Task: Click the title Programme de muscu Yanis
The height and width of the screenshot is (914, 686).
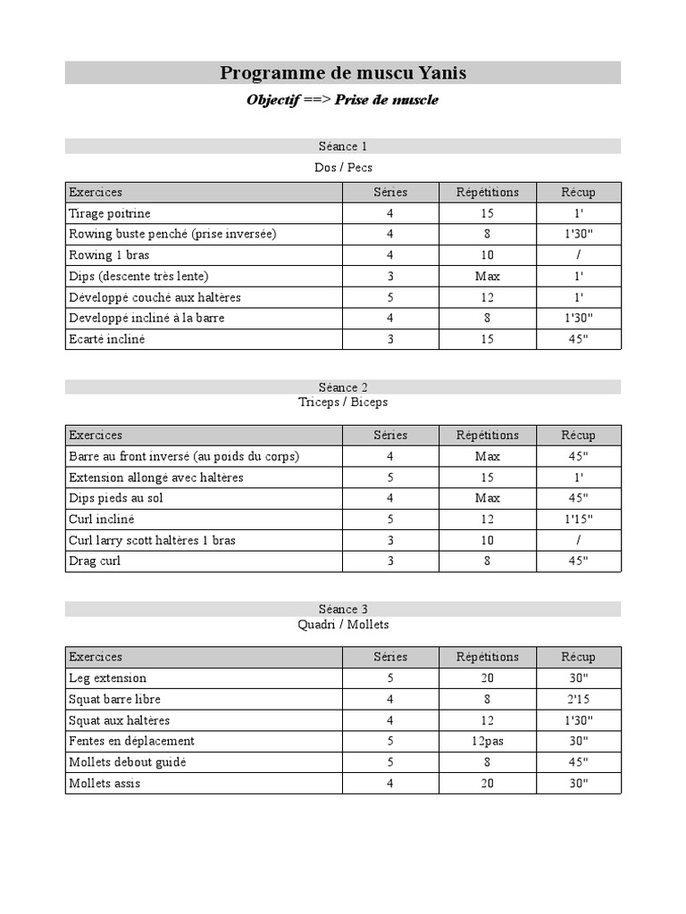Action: tap(343, 73)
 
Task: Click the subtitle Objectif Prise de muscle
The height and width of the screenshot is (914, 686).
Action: tap(343, 100)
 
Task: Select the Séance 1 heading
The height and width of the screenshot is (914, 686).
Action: tap(343, 146)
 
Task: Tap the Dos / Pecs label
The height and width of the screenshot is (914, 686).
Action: tap(343, 167)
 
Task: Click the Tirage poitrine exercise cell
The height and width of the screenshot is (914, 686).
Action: tap(110, 213)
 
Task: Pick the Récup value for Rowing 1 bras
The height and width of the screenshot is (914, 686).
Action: tap(578, 255)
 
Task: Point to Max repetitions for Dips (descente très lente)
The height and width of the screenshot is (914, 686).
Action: tap(487, 276)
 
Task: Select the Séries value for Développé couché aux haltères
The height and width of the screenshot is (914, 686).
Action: tap(390, 297)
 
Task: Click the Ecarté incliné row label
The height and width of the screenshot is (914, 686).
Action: tap(106, 339)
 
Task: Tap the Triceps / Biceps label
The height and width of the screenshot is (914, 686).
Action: tap(343, 403)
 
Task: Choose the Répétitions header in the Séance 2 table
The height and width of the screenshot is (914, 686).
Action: tap(487, 436)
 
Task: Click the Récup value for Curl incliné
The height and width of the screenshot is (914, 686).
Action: tap(578, 519)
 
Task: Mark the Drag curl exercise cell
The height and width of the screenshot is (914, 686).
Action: tap(95, 561)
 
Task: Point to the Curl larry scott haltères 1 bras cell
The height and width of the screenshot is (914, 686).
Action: tap(152, 540)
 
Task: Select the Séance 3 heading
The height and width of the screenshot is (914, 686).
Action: tap(343, 609)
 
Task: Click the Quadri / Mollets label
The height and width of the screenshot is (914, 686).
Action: tap(343, 625)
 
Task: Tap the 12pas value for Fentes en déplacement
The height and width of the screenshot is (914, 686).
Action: tap(487, 741)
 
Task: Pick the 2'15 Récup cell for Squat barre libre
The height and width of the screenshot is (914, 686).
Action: tap(578, 699)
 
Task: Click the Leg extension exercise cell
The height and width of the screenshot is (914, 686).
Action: tap(107, 678)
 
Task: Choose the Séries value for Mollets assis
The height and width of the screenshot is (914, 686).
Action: tap(390, 783)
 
